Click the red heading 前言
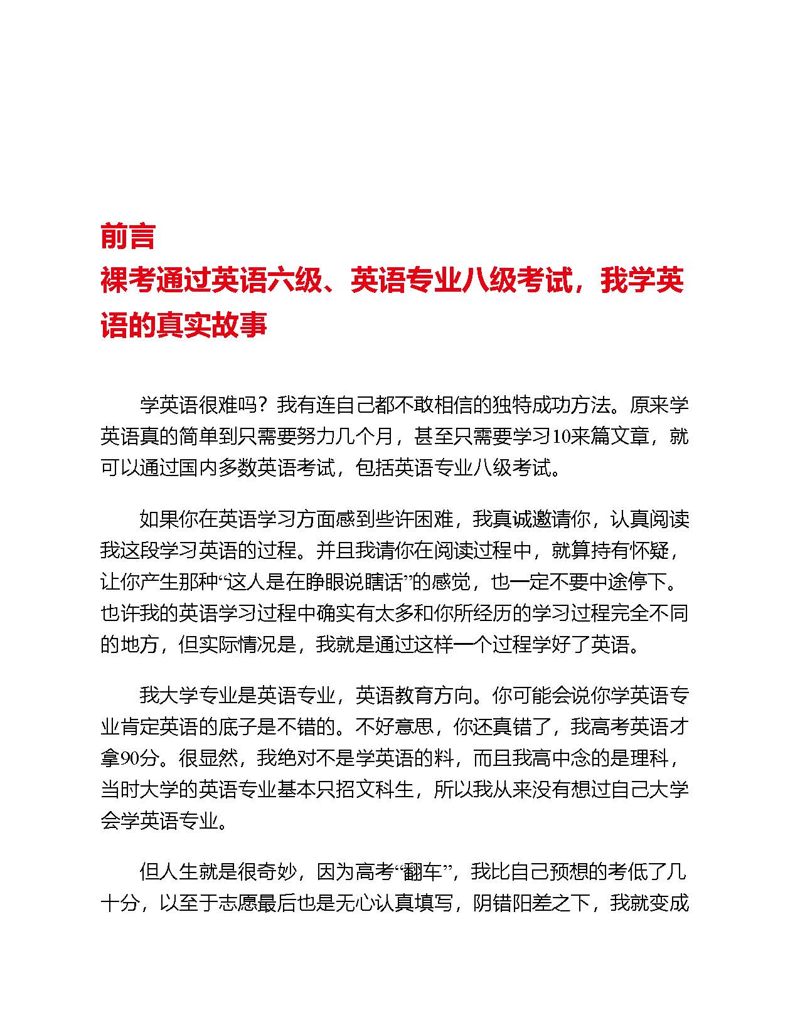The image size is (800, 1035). coord(127,236)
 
